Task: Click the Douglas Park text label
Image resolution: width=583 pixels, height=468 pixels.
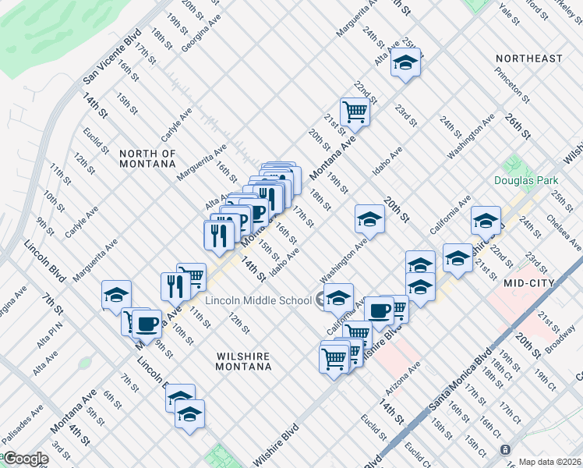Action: pos(521,180)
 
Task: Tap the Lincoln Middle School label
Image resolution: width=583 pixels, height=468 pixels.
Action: pos(258,300)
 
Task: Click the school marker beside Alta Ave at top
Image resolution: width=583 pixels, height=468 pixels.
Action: pos(405,63)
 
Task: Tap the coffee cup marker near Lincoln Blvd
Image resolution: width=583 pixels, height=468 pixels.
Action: pos(146,322)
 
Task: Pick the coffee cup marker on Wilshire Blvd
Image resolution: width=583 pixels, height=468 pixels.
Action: pos(379,310)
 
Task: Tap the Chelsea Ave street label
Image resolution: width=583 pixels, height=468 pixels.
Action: pos(564,233)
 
